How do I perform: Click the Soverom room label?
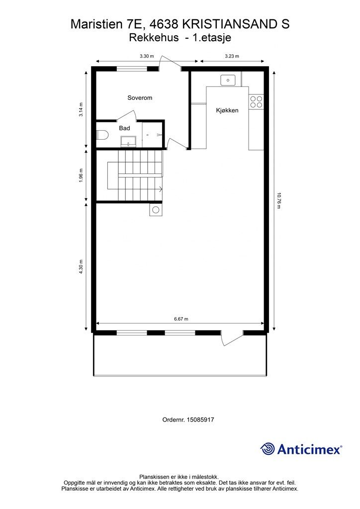tap(140, 98)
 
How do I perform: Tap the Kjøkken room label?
tap(227, 110)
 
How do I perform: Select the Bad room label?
tap(124, 128)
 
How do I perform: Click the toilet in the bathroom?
tap(101, 135)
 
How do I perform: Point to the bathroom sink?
tap(129, 141)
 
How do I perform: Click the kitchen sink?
tap(228, 80)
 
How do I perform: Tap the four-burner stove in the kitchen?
tap(256, 102)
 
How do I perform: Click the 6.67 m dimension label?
tap(181, 319)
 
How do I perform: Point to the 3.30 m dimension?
tap(147, 56)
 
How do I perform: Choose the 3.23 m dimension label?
tap(232, 56)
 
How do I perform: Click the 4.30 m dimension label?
tap(81, 267)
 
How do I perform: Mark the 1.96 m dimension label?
tap(81, 175)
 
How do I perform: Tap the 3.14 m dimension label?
tap(81, 110)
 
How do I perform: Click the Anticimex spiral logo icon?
tap(268, 449)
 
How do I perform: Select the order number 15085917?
tap(200, 420)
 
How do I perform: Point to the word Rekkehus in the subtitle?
tap(154, 38)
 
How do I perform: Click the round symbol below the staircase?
tap(156, 210)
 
